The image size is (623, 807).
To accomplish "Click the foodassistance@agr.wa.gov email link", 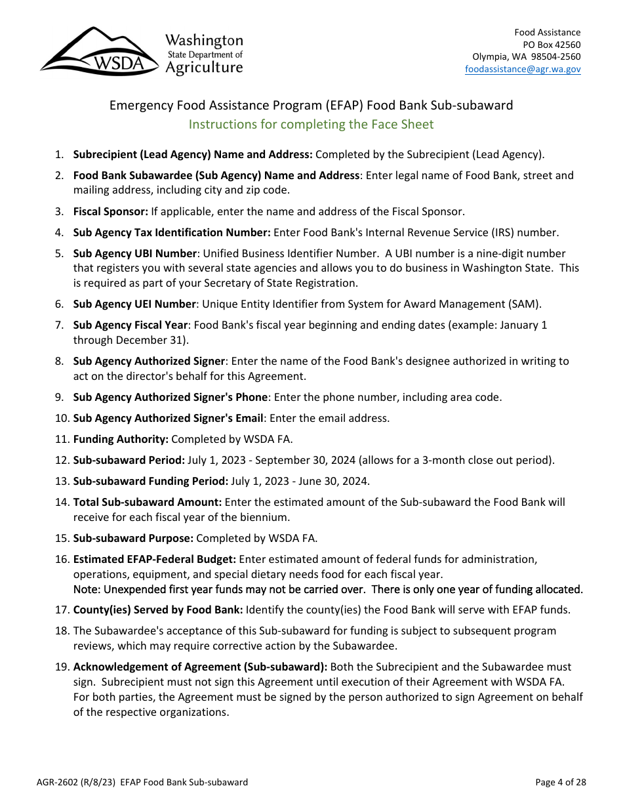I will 523,69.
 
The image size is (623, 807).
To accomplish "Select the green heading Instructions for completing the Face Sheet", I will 311,124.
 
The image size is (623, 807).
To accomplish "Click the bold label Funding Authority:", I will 121,439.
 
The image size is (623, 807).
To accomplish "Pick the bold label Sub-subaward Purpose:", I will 133,538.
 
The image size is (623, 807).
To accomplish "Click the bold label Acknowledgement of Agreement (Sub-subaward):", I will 200,667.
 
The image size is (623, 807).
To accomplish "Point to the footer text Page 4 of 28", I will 560,781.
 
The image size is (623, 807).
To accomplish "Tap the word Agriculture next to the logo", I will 204,67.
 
